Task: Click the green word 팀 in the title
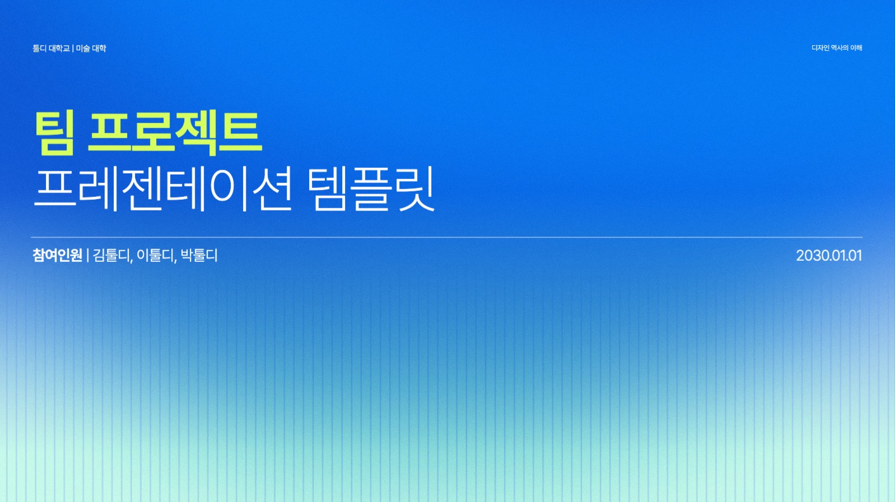[x=55, y=133]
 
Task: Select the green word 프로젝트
[x=175, y=133]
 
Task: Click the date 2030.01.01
[x=828, y=256]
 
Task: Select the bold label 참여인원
[x=57, y=256]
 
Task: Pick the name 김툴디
[x=111, y=256]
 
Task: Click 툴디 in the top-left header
[x=39, y=49]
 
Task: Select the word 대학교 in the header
[x=59, y=49]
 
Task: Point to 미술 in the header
[x=83, y=49]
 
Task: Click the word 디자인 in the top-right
[x=820, y=48]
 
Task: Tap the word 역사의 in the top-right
[x=840, y=48]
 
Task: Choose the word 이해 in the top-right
[x=856, y=48]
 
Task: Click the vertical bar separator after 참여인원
[x=88, y=256]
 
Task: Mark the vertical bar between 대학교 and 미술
[x=73, y=49]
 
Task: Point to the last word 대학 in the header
[x=99, y=49]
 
